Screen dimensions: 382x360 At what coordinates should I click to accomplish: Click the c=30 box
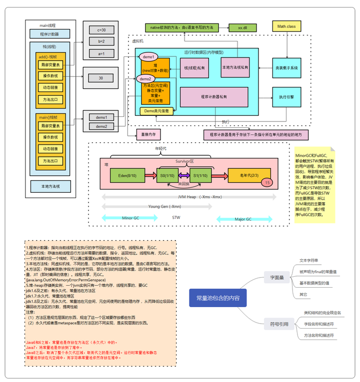pos(101,30)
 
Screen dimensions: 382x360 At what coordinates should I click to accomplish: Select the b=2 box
pos(101,41)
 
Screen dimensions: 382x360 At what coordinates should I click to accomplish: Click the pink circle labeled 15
pos(267,183)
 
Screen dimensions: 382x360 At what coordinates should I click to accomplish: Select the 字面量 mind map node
pos(276,277)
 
